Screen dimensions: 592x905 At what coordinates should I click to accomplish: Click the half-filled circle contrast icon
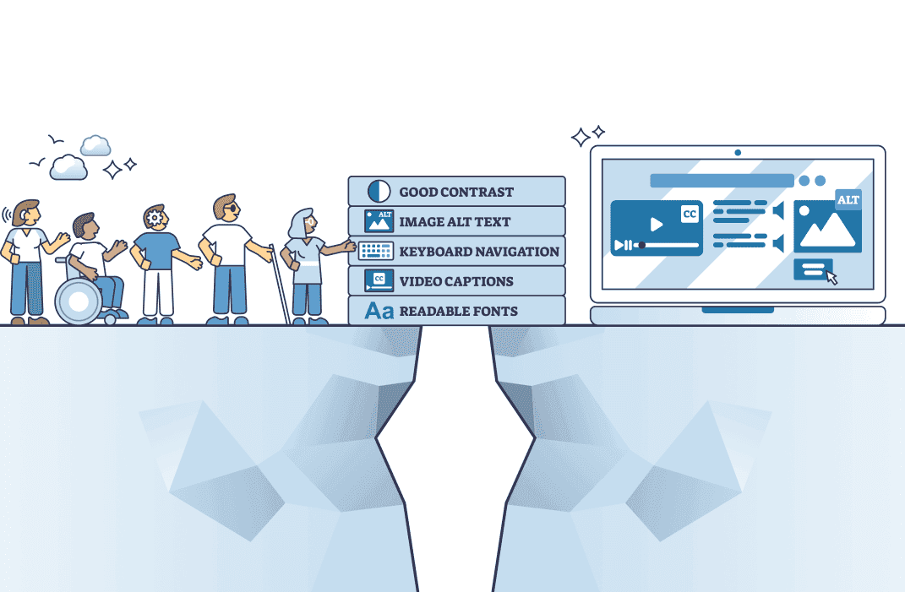(379, 192)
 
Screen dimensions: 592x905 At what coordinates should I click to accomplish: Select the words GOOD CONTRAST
(456, 192)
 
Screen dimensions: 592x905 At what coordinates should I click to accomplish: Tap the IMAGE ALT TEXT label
(455, 222)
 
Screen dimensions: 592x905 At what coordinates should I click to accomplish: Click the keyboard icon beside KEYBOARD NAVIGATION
(375, 251)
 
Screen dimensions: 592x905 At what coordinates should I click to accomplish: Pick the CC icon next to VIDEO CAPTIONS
(379, 280)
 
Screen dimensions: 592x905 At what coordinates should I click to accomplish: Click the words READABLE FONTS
(458, 311)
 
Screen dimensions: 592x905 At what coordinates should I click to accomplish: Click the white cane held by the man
(280, 283)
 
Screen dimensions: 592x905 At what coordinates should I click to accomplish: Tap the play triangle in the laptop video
(656, 225)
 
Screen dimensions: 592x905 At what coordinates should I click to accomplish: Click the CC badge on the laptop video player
(690, 215)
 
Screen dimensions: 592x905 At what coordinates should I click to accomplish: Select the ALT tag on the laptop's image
(848, 200)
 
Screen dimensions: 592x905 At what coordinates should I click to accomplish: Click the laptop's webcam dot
(738, 153)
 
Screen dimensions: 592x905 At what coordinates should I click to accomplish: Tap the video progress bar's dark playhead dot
(642, 246)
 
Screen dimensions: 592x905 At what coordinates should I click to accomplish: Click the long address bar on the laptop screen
(722, 181)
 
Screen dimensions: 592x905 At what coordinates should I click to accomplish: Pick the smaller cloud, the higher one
(95, 145)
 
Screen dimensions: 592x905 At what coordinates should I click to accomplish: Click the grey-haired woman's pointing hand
(350, 246)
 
